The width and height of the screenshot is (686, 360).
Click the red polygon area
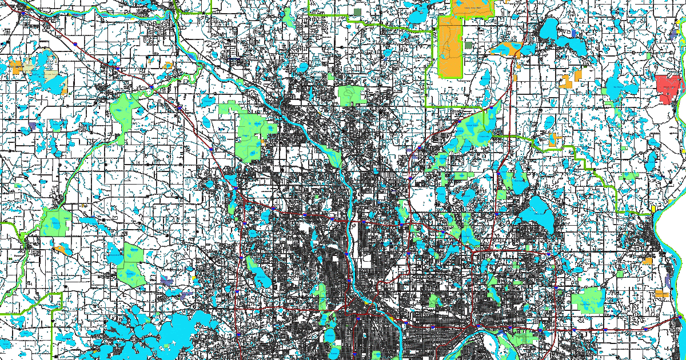click(x=669, y=87)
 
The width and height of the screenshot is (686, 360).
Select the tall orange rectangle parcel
click(x=449, y=46)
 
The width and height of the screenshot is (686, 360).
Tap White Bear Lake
click(x=537, y=214)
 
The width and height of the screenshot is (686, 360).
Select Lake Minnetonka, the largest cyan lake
click(x=171, y=331)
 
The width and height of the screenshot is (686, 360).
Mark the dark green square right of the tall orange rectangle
click(x=469, y=45)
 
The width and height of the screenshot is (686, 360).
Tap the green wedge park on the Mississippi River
click(x=332, y=155)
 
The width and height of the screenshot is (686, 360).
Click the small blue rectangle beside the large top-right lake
click(x=574, y=33)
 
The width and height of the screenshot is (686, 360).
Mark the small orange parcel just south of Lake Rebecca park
click(x=61, y=249)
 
